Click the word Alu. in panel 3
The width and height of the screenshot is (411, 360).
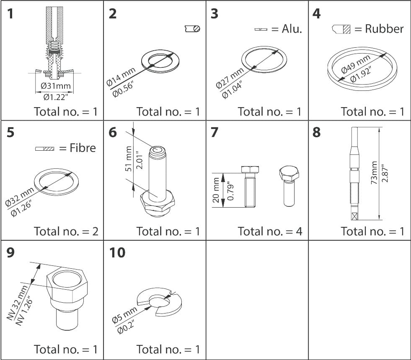pyautogui.click(x=292, y=29)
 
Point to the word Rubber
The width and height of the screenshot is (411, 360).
pyautogui.click(x=384, y=28)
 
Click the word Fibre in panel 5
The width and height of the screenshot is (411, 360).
pyautogui.click(x=83, y=148)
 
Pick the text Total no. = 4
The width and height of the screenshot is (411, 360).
pyautogui.click(x=270, y=231)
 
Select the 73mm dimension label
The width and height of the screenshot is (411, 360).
pyautogui.click(x=374, y=173)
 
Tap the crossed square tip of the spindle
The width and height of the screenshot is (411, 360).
pyautogui.click(x=354, y=216)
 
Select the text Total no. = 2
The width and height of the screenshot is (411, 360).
pyautogui.click(x=66, y=231)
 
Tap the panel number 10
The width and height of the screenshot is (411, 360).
pyautogui.click(x=117, y=253)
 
